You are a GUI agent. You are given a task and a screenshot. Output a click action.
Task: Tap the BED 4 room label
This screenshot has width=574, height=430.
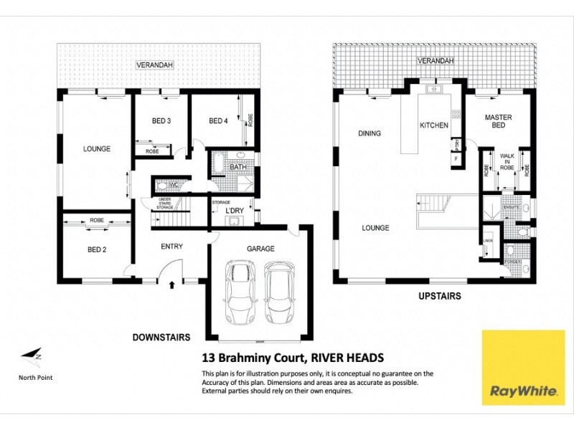pos(218,121)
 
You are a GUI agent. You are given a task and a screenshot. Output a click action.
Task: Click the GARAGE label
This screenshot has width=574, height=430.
pos(261,249)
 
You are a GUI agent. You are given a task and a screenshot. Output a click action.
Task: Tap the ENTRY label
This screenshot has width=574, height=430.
pos(171,247)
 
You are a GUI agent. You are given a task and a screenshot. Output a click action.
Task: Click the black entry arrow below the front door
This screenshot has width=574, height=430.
pos(171,285)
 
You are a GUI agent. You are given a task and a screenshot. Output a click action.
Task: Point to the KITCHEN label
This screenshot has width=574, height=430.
pos(434,125)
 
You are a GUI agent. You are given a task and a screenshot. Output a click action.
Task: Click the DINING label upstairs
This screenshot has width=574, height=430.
pos(370,133)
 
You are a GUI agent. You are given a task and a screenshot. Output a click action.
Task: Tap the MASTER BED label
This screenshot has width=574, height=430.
pos(497,121)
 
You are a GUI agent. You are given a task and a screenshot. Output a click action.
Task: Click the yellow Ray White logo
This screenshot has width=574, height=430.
pos(514,367)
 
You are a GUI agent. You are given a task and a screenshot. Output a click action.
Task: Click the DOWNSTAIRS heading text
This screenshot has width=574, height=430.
pos(161,335)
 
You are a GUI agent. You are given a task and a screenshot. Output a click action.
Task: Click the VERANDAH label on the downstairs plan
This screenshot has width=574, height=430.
pos(156,66)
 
